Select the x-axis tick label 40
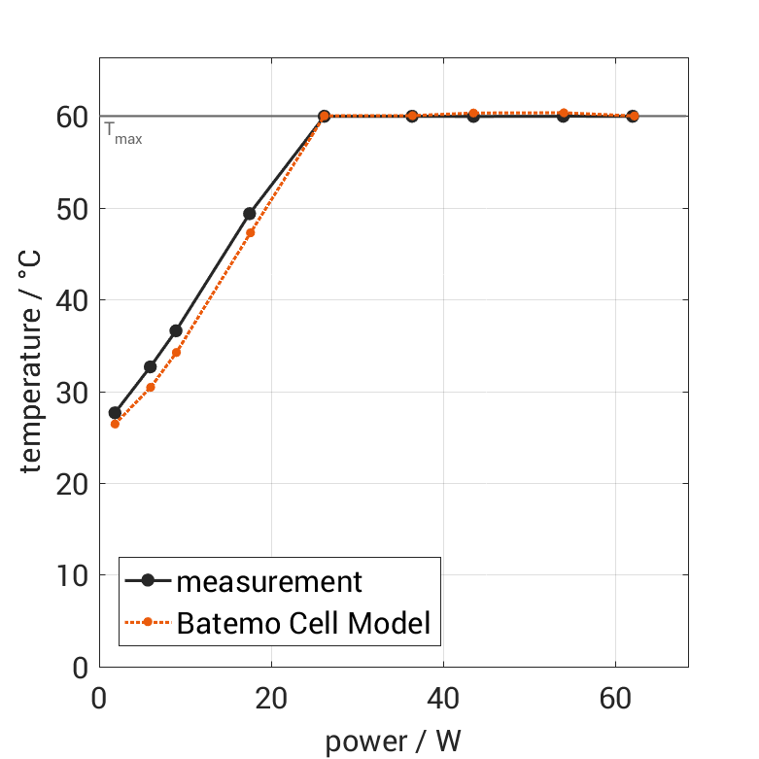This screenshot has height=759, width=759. pyautogui.click(x=443, y=701)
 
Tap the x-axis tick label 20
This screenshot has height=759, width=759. pyautogui.click(x=271, y=701)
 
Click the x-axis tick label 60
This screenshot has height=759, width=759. pyautogui.click(x=615, y=701)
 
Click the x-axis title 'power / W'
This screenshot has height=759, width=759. pyautogui.click(x=393, y=742)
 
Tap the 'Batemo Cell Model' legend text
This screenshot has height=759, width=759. pyautogui.click(x=303, y=622)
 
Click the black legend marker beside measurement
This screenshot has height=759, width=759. pyautogui.click(x=148, y=581)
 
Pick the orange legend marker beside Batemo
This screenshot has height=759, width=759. pyautogui.click(x=148, y=622)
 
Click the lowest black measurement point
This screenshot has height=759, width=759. pyautogui.click(x=115, y=413)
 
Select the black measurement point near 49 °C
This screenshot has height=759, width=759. pyautogui.click(x=250, y=214)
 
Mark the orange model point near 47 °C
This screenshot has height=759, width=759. pyautogui.click(x=250, y=233)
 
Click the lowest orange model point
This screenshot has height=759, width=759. pyautogui.click(x=115, y=424)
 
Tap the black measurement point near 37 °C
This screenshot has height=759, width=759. pyautogui.click(x=176, y=330)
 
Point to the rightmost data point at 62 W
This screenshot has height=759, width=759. pyautogui.click(x=633, y=116)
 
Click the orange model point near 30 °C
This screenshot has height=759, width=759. pyautogui.click(x=151, y=387)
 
